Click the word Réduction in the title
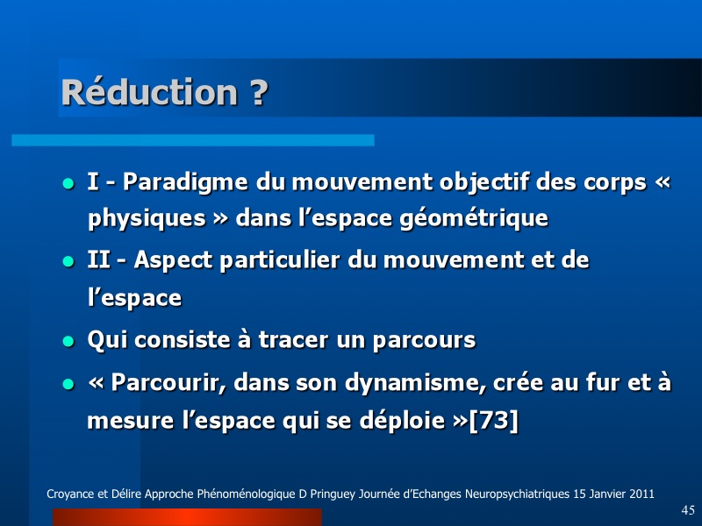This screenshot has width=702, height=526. tap(149, 92)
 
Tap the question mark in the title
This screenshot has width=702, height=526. tap(258, 92)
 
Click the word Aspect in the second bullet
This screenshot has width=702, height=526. tap(173, 260)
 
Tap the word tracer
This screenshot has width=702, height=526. tap(294, 340)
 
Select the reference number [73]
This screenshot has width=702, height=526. tap(493, 421)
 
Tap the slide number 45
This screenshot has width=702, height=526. tap(688, 510)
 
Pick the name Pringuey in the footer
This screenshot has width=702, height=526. tap(332, 494)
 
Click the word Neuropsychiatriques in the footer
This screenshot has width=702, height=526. tap(517, 494)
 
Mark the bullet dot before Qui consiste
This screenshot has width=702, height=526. tap(68, 342)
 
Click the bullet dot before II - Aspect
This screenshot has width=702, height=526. tap(68, 261)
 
